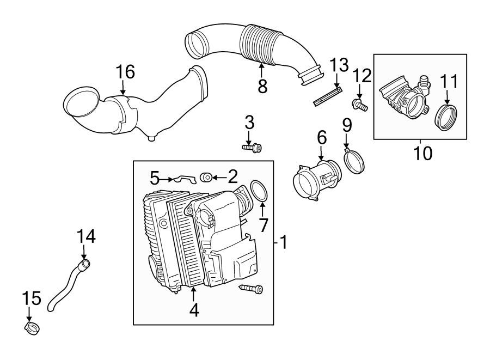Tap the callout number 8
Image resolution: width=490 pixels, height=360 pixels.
(262, 86)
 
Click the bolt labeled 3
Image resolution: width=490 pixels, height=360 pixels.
(252, 147)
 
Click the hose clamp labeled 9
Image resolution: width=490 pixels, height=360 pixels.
(355, 161)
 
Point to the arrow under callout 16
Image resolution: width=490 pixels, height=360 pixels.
(124, 87)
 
